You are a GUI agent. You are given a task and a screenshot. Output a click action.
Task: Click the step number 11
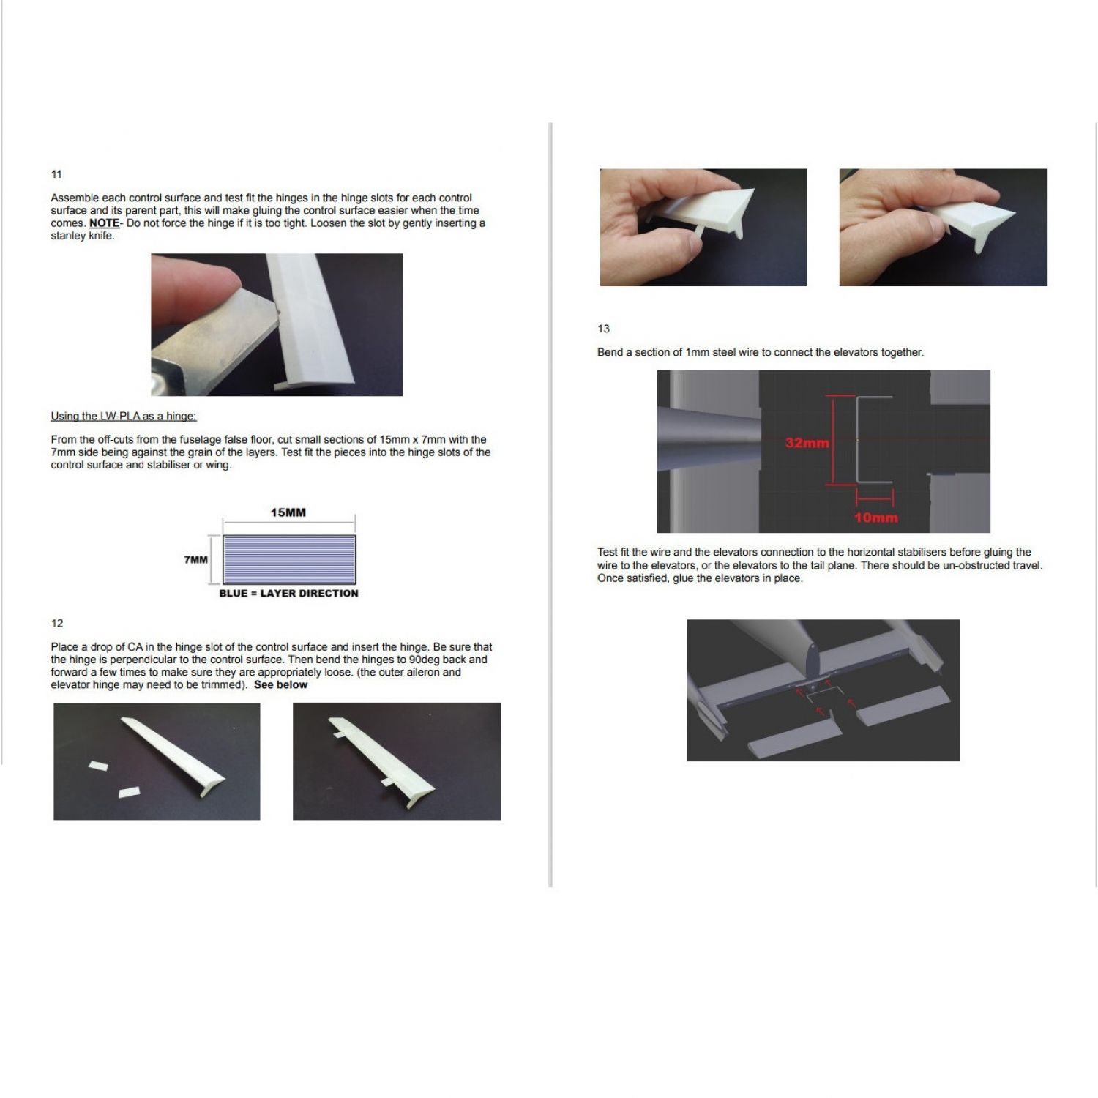pos(56,174)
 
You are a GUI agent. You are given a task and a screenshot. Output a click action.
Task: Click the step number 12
pos(57,624)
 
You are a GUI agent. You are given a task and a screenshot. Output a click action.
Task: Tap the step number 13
pos(604,329)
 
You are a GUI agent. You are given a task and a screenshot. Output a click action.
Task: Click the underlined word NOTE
pos(104,223)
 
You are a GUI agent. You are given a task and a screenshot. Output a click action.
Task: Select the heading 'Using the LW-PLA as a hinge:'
pos(124,417)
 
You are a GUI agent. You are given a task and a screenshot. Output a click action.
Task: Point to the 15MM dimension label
pos(288,512)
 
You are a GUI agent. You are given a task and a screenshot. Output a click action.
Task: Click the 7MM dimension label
pos(195,560)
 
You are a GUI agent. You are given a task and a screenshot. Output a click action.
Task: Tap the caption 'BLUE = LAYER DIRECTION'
pos(289,594)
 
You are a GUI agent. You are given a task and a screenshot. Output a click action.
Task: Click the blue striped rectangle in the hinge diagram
pos(289,559)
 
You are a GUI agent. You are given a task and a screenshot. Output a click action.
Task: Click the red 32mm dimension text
pos(807,443)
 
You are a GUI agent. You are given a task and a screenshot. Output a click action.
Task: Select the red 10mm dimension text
pos(875,518)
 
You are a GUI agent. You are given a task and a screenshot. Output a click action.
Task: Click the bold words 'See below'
pos(281,685)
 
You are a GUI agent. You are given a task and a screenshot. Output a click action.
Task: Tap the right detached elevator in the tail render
pos(904,706)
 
